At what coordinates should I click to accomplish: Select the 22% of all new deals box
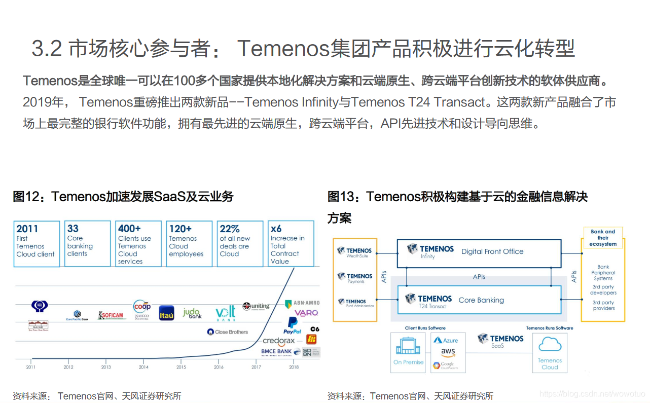[x=240, y=243]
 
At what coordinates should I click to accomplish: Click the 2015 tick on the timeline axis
[x=181, y=367]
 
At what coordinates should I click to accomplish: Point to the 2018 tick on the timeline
[x=294, y=367]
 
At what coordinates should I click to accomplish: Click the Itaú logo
[x=166, y=313]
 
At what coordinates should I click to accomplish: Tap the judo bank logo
[x=192, y=313]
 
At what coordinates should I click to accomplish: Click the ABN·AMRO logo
[x=302, y=303]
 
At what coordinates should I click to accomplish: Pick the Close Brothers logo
[x=228, y=332]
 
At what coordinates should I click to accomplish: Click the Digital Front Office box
[x=479, y=252]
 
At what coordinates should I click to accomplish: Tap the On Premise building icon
[x=408, y=347]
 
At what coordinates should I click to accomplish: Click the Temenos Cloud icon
[x=550, y=346]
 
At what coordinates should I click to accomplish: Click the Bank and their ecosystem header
[x=603, y=238]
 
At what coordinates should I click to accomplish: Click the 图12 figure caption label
[x=30, y=197]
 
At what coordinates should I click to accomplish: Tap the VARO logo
[x=306, y=313]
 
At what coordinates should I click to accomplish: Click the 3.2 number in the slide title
[x=47, y=49]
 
